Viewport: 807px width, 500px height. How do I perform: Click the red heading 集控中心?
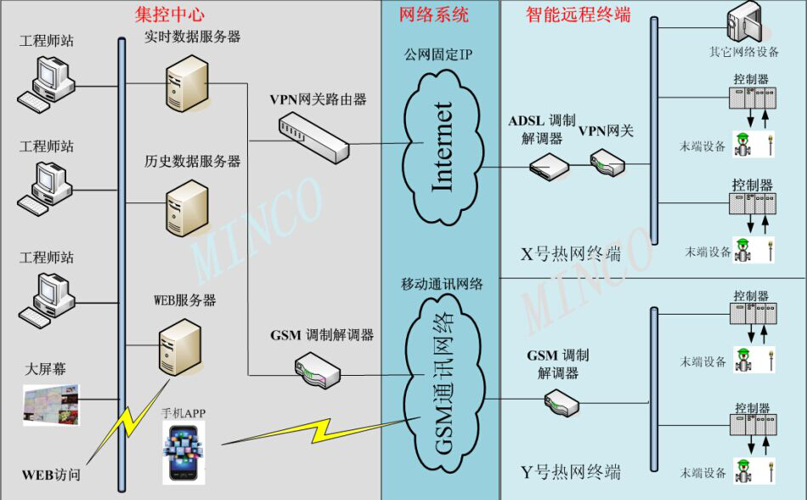point(170,14)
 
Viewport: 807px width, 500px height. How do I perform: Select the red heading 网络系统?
point(433,14)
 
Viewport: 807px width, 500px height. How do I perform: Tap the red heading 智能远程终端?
point(578,14)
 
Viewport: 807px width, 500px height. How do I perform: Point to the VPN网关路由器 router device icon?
point(313,136)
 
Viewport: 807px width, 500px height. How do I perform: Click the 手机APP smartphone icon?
point(185,452)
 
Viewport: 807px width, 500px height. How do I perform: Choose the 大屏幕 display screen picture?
point(51,404)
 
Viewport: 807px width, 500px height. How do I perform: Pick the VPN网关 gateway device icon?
point(607,161)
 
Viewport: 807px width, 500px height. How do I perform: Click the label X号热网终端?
point(571,254)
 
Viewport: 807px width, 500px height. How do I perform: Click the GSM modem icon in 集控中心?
point(317,368)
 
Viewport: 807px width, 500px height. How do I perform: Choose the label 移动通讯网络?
point(443,284)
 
